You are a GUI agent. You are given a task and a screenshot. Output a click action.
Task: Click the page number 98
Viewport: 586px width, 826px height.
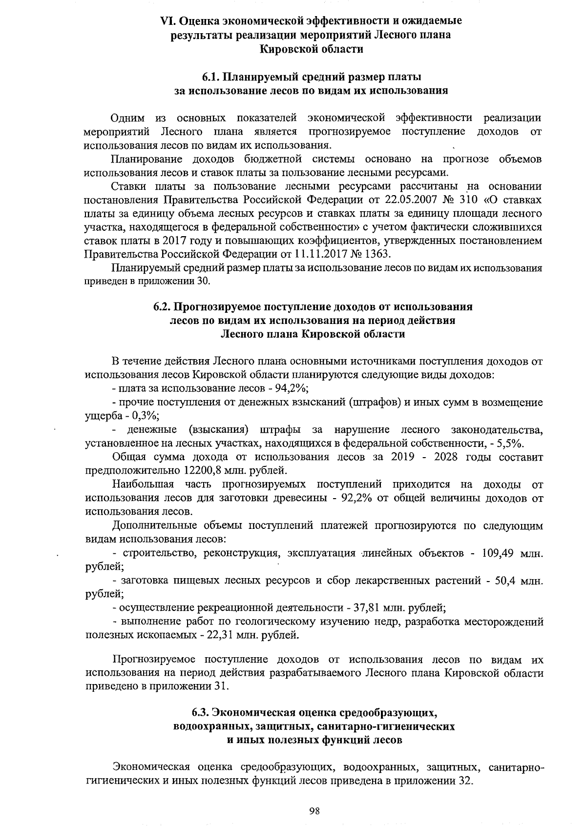[x=314, y=811]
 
